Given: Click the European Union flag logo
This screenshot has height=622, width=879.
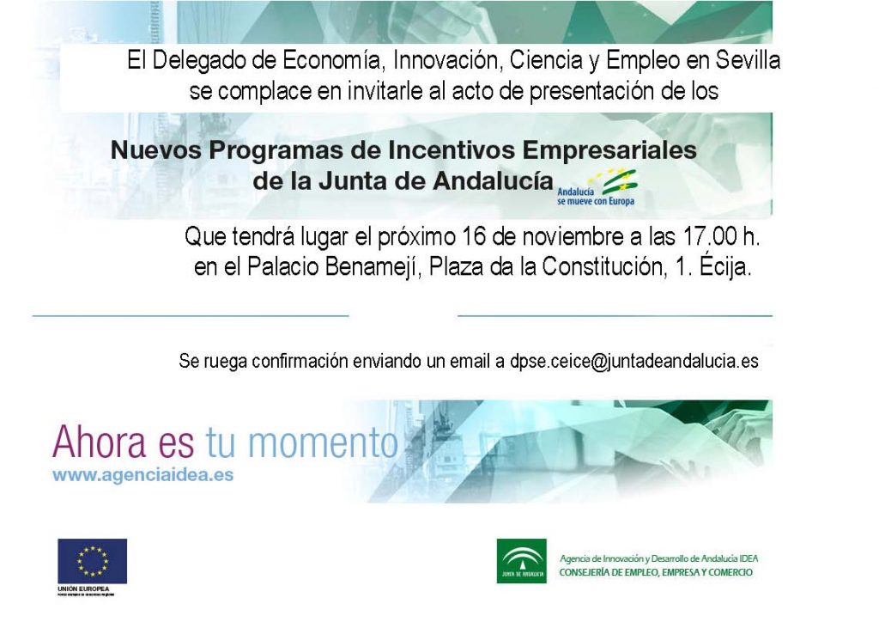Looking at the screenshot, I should pyautogui.click(x=92, y=561).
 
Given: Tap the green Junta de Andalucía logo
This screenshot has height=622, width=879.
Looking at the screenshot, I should pyautogui.click(x=521, y=561).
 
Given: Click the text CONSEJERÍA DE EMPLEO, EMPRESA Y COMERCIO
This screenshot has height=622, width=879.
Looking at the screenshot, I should pyautogui.click(x=656, y=573).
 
